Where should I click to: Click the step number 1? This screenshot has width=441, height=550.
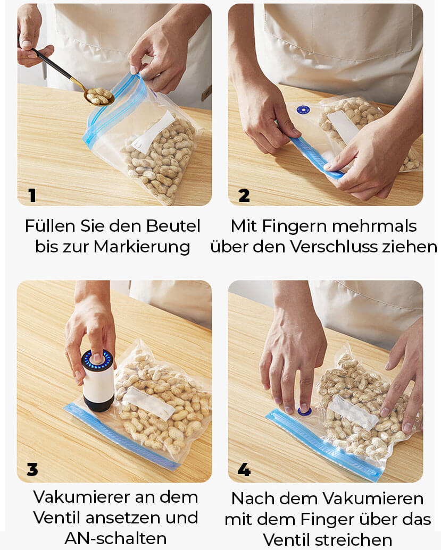[32, 196]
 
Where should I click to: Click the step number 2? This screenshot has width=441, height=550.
[244, 196]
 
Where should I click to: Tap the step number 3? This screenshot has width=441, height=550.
[32, 469]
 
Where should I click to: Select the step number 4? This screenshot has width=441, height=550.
[244, 469]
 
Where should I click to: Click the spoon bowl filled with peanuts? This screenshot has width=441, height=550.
[99, 96]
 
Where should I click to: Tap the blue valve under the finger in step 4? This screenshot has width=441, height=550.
[304, 411]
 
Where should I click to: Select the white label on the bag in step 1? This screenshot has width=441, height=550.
[153, 132]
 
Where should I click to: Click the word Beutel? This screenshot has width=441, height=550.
[173, 226]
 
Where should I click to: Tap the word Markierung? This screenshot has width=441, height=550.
[142, 247]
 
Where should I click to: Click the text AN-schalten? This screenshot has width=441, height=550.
[115, 538]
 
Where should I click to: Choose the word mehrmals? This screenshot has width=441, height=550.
[375, 226]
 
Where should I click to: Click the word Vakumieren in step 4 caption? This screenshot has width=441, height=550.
[373, 498]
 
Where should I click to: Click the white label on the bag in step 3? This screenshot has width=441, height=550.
[149, 403]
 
